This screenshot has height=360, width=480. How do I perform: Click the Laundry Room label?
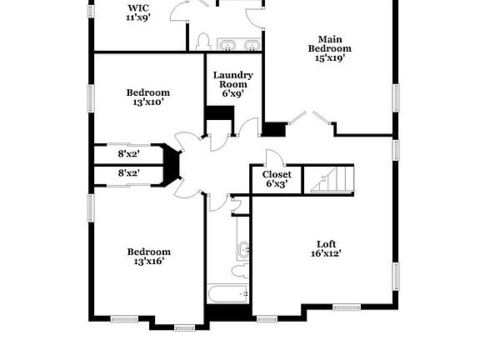233,80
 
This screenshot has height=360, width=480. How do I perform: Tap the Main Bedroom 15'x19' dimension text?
330,58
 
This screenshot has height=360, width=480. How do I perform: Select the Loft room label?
327,244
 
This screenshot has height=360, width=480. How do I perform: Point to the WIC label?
138,7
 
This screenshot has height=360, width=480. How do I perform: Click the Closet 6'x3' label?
277,179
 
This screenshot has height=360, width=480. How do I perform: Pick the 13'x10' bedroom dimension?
147,102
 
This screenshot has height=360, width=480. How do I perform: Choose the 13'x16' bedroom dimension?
149,262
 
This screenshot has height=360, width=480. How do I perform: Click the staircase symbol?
332,180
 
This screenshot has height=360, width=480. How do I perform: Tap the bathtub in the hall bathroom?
227,294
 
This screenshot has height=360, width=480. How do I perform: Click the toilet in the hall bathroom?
240,271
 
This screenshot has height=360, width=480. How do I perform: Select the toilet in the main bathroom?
203,42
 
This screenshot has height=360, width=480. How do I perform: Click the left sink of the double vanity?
227,45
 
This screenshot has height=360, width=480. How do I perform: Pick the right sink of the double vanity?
252,45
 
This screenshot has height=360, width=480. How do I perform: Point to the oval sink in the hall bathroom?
243,250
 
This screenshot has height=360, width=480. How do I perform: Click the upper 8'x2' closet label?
129,153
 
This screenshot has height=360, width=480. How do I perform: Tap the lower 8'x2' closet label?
129,173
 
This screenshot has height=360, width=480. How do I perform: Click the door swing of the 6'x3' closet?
275,157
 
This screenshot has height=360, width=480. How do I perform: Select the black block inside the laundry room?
220,113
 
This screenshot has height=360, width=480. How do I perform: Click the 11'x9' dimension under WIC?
138,17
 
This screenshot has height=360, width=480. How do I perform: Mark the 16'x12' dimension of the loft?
327,254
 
